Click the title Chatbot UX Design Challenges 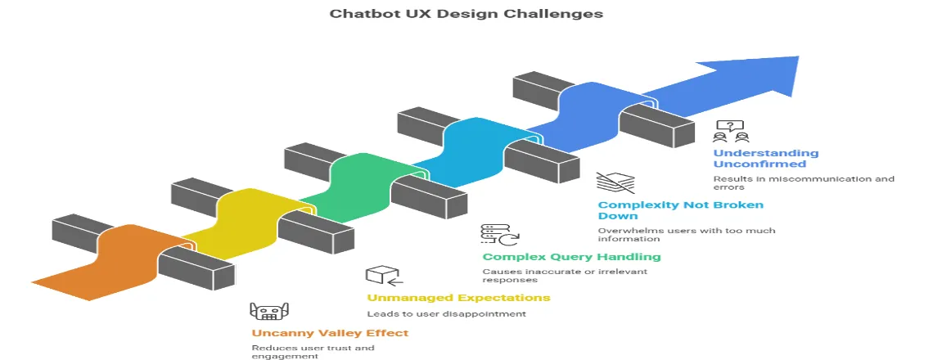point(466,14)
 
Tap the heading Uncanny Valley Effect point(330,333)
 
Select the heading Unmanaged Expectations point(457,297)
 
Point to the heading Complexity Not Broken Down point(680,210)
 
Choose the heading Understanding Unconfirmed point(765,158)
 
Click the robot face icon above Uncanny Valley point(269,312)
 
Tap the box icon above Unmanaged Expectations point(381,275)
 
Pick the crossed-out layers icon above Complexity point(614,182)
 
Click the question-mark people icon point(731,131)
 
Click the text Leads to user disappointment point(445,313)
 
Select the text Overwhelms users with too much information point(686,235)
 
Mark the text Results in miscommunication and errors point(803,182)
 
